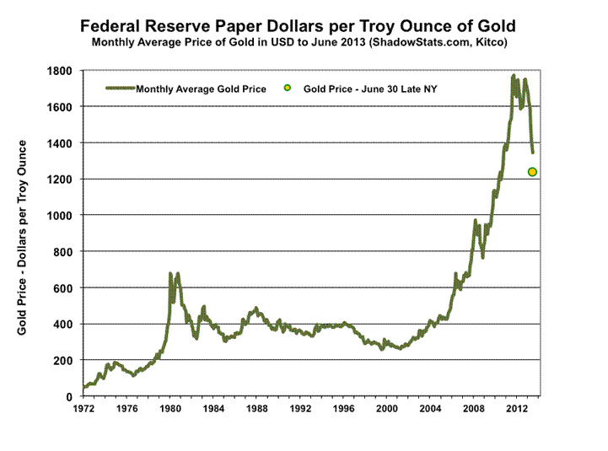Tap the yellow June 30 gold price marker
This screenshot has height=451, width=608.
[533, 172]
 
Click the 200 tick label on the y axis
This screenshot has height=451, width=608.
[64, 361]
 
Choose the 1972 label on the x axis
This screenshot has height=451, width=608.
[83, 409]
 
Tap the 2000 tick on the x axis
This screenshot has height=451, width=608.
[387, 409]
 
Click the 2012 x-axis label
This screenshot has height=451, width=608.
[517, 409]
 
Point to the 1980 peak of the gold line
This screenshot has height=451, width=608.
[170, 274]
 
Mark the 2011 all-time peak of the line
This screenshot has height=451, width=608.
[514, 77]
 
